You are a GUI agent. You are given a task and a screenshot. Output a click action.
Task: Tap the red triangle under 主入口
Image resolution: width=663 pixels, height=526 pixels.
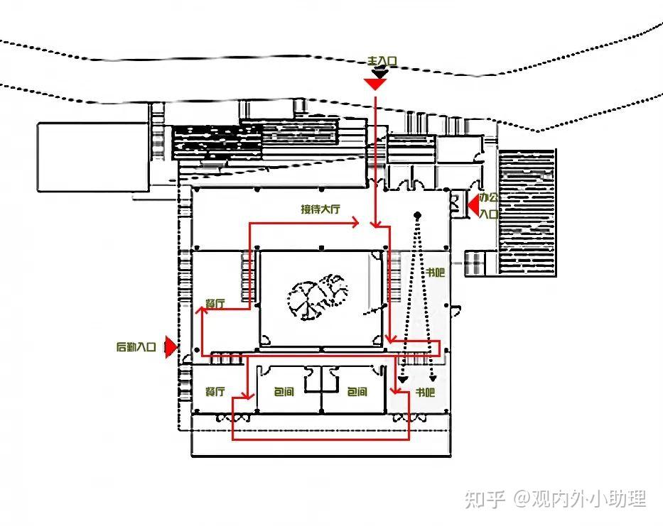375,84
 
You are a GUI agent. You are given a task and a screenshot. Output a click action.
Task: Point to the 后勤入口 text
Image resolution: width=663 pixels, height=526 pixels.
136,347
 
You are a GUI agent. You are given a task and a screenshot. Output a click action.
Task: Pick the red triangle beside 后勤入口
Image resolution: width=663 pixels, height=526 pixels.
170,347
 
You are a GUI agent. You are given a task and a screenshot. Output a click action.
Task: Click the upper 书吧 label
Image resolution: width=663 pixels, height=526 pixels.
435,272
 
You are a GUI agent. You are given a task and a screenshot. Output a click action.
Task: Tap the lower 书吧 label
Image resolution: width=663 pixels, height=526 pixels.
425,392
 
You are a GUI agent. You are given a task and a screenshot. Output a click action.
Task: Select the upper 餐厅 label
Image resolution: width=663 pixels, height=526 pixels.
215,303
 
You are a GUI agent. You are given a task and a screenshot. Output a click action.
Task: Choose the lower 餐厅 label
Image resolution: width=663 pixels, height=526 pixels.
215,391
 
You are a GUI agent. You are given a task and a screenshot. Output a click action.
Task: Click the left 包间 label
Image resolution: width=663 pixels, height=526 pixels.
283,392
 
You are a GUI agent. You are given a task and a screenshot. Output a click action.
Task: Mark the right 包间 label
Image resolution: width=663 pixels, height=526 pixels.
357,392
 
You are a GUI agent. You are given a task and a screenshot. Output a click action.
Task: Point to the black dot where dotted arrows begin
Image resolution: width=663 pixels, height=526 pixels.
418,214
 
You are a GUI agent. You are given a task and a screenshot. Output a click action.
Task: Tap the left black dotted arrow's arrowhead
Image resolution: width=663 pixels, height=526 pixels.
403,380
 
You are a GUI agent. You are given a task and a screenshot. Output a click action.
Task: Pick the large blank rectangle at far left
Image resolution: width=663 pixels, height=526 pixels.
92,157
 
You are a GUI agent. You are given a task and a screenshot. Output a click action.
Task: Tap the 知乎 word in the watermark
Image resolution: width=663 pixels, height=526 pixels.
485,498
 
